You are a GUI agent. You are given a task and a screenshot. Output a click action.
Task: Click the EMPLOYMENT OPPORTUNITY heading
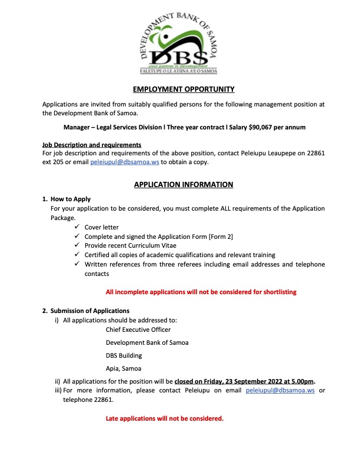pyautogui.click(x=184, y=89)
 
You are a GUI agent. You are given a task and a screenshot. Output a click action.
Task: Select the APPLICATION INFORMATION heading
pyautogui.click(x=184, y=185)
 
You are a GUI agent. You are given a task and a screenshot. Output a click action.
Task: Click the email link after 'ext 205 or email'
pyautogui.click(x=125, y=161)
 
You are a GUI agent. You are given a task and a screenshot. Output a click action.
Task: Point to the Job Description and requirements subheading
pyautogui.click(x=92, y=145)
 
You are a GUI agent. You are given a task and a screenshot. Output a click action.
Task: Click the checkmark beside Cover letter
pyautogui.click(x=78, y=227)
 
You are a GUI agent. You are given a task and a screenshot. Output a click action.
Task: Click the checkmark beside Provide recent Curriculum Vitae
pyautogui.click(x=78, y=246)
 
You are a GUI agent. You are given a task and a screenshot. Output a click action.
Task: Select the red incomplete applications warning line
pyautogui.click(x=201, y=292)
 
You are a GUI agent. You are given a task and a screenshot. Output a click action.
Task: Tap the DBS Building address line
pyautogui.click(x=124, y=355)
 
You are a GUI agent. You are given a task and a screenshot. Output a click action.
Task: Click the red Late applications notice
pyautogui.click(x=165, y=419)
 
